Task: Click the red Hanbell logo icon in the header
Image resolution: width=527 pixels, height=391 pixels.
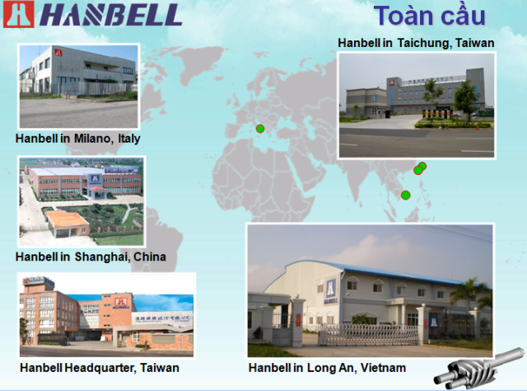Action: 19,14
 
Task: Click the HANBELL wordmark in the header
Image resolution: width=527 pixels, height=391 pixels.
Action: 111,15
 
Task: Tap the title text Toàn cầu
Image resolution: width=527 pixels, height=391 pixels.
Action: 430,16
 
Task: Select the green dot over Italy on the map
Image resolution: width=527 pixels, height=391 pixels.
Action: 260,129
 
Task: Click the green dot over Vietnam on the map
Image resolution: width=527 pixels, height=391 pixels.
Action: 406,195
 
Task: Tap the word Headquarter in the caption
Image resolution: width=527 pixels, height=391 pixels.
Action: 100,368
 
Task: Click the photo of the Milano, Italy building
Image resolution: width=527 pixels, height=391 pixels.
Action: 79,87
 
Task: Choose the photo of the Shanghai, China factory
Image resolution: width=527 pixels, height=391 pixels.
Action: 82,201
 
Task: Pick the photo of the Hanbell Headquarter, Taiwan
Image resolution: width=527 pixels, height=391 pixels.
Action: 106,315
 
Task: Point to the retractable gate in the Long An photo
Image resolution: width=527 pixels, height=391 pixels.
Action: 369,334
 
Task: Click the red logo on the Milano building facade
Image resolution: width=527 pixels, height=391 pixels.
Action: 58,53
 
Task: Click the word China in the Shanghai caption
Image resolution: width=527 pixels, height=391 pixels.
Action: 150,257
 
